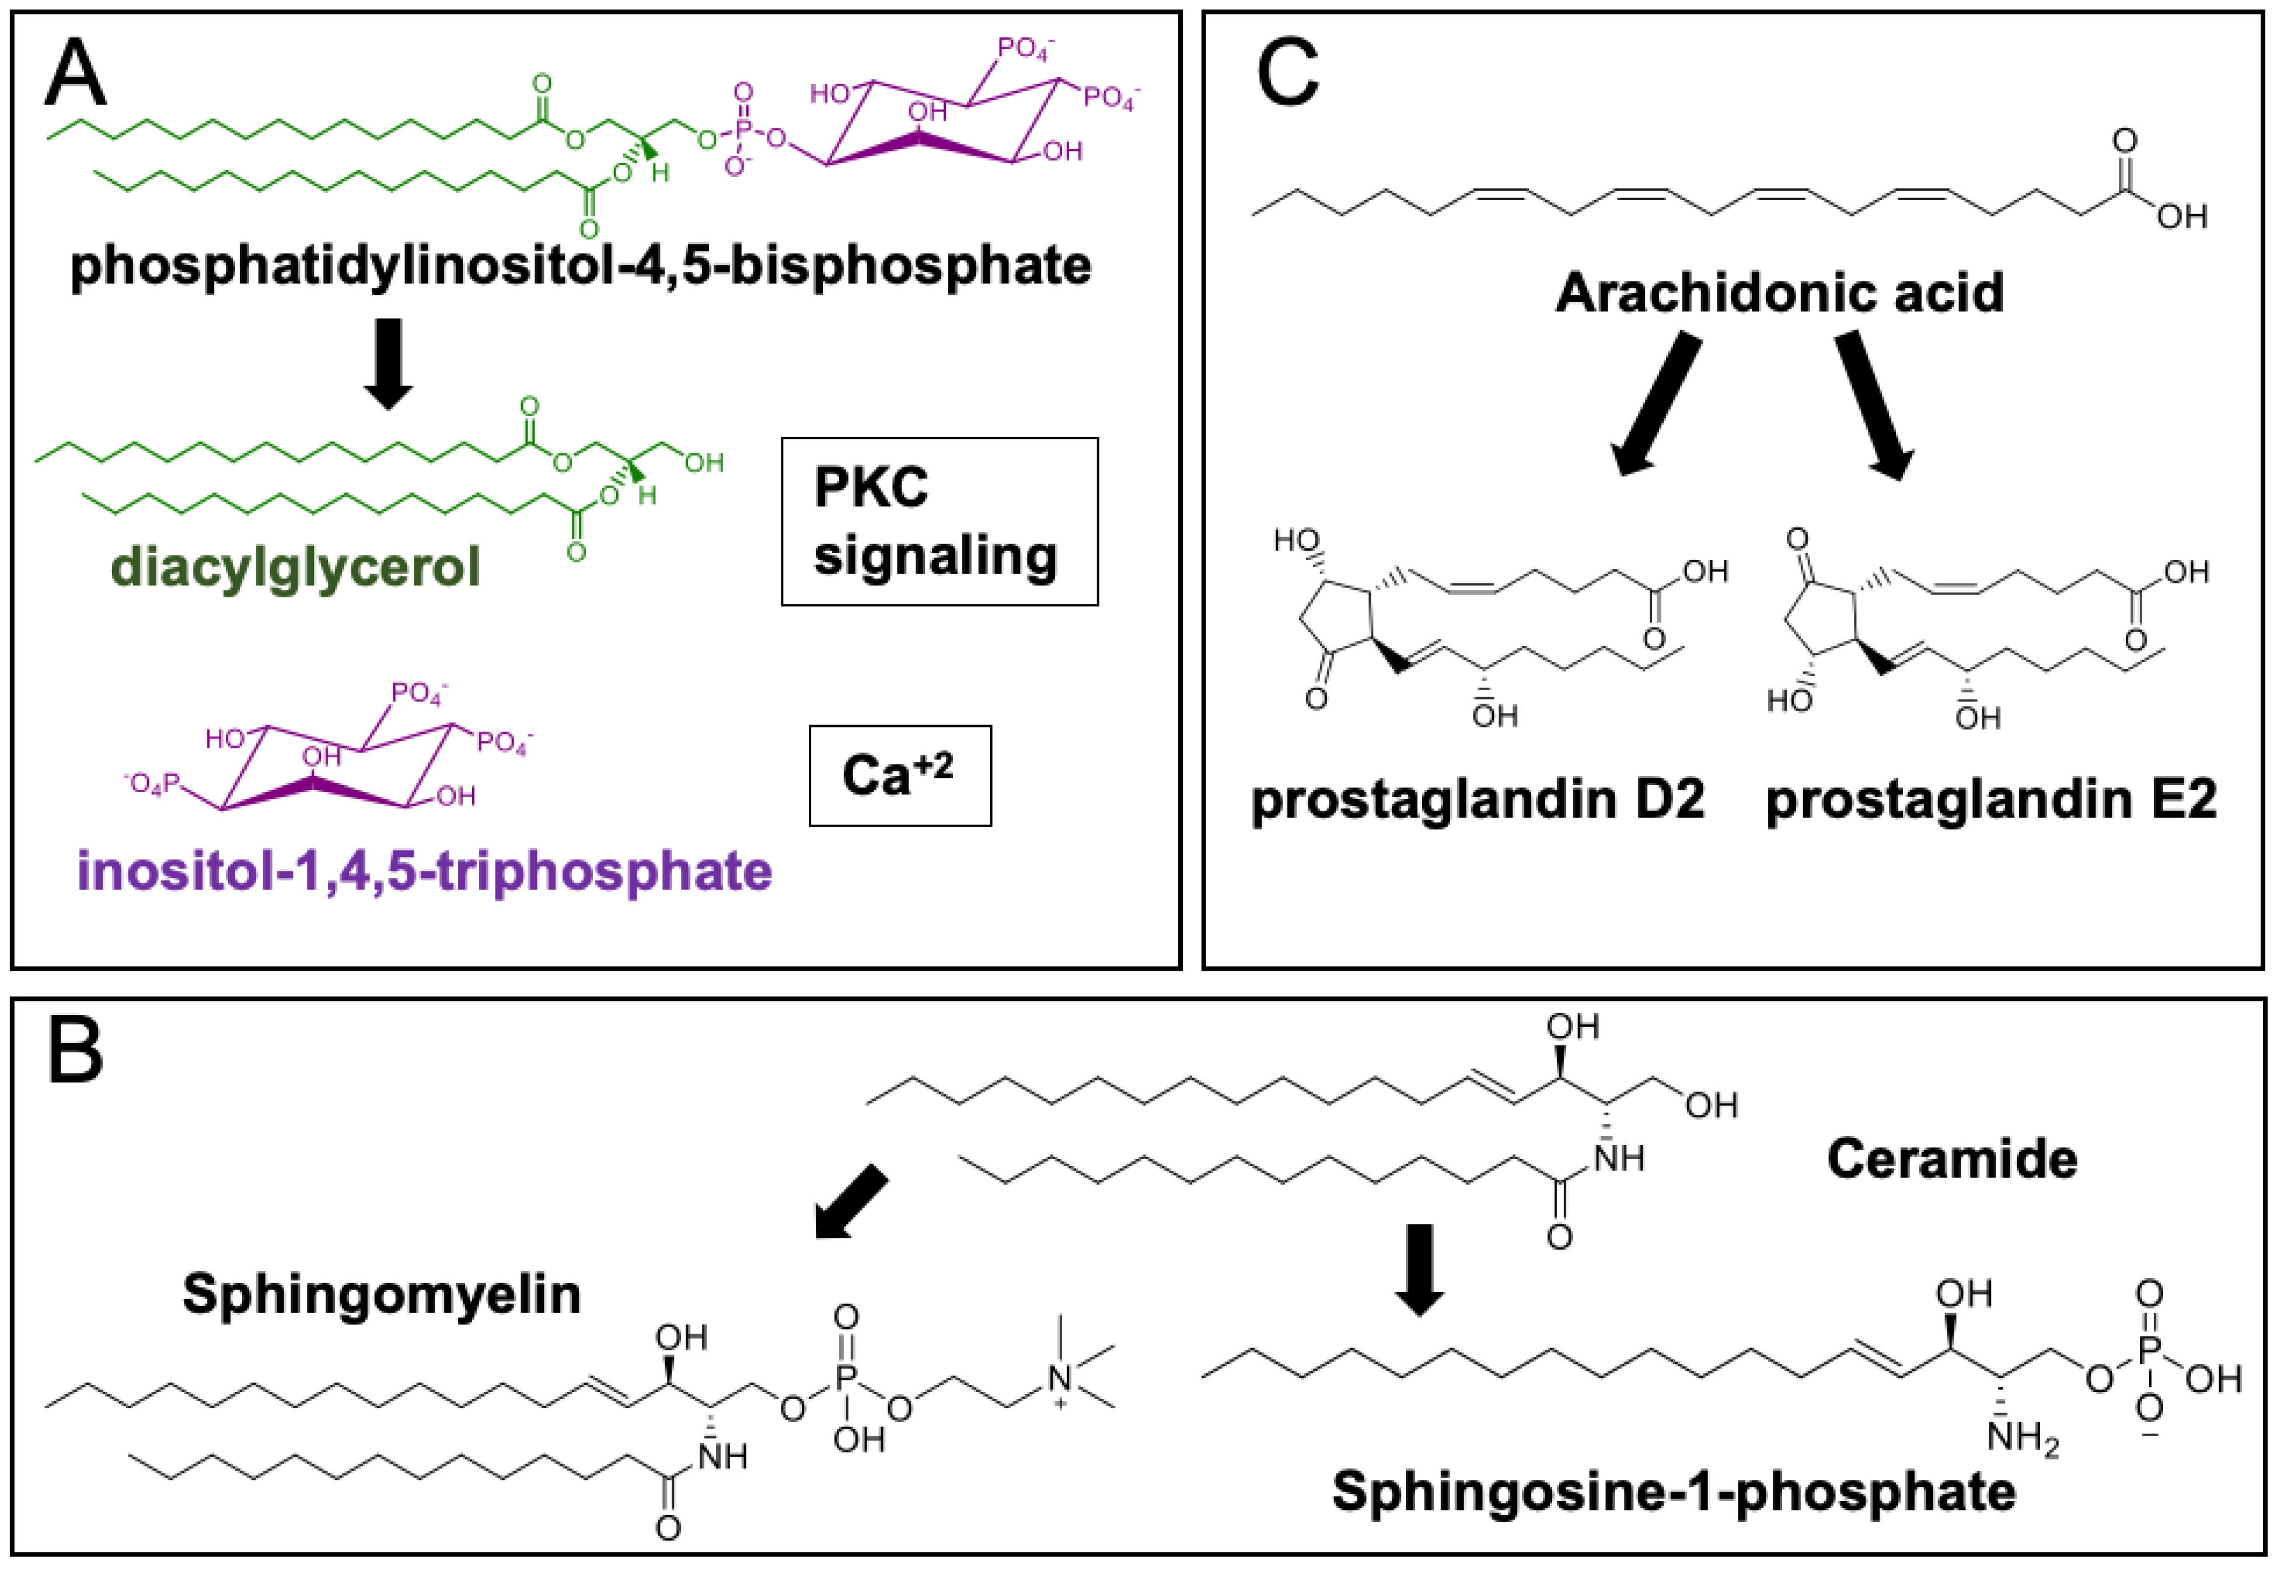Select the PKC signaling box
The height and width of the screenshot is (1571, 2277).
pyautogui.click(x=938, y=521)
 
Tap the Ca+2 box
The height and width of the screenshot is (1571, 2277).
pyautogui.click(x=899, y=776)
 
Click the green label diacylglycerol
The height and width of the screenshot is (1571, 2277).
pyautogui.click(x=295, y=568)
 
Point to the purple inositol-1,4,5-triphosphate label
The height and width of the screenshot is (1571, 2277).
pyautogui.click(x=424, y=871)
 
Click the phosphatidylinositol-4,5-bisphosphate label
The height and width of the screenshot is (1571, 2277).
pyautogui.click(x=580, y=266)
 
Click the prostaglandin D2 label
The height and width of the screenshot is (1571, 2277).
pyautogui.click(x=1476, y=799)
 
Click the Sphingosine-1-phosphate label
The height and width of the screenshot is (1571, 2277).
pyautogui.click(x=1674, y=1491)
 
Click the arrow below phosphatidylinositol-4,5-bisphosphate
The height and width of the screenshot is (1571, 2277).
pyautogui.click(x=388, y=363)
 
